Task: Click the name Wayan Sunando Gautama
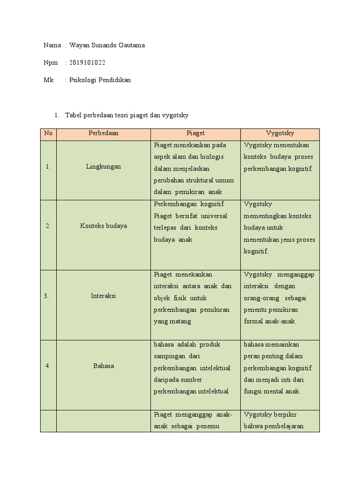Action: [107, 45]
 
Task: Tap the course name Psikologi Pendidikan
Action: [100, 80]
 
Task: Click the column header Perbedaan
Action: [104, 134]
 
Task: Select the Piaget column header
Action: [195, 134]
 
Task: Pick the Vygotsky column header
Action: [280, 134]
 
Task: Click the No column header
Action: [48, 134]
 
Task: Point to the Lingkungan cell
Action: [104, 166]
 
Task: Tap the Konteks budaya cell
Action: [104, 226]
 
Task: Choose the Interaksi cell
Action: [104, 296]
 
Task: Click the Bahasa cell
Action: [104, 366]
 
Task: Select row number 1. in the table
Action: [48, 166]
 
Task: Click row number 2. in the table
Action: [48, 226]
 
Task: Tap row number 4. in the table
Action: [48, 366]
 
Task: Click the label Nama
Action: [52, 45]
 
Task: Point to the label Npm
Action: [51, 63]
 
